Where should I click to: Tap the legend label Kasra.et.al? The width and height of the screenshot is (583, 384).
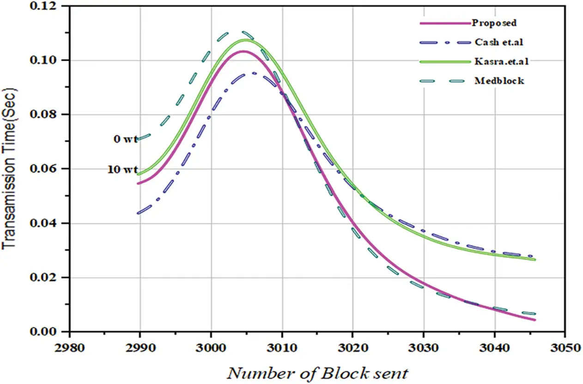pyautogui.click(x=497, y=61)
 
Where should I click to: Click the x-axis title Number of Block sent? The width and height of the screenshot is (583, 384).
pyautogui.click(x=317, y=372)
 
